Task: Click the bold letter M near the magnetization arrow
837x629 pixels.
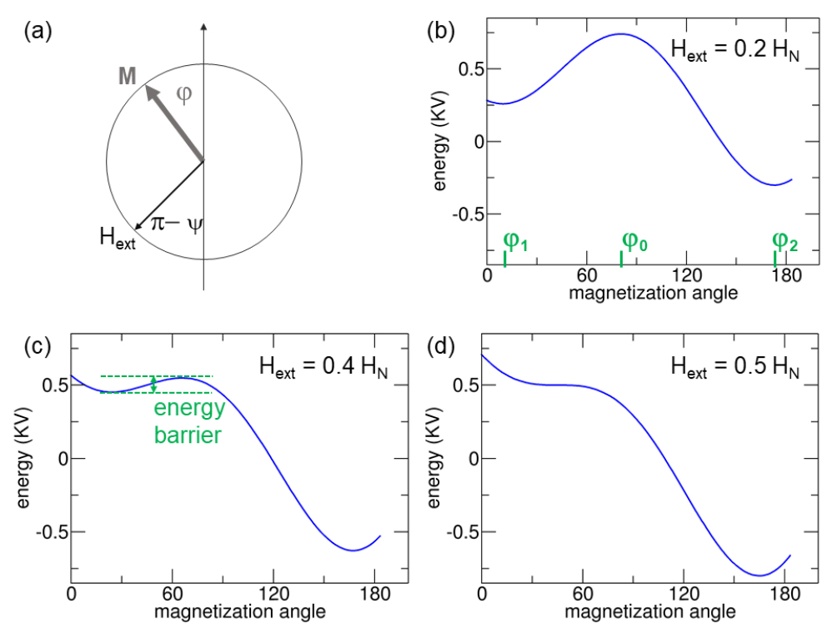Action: (x=128, y=78)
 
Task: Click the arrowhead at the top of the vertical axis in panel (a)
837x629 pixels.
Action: (x=203, y=31)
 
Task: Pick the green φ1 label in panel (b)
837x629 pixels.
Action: (x=515, y=242)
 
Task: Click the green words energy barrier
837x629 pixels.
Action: (x=188, y=421)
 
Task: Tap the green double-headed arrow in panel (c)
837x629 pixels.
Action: (x=153, y=385)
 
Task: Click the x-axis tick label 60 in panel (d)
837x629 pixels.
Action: (x=583, y=596)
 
